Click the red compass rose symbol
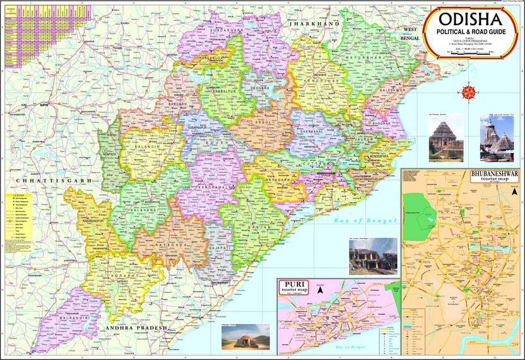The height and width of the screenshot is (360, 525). click(469, 92)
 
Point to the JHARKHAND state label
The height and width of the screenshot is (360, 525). click(314, 23)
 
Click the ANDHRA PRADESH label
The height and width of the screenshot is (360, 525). click(136, 328)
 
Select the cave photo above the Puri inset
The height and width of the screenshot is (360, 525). click(373, 255)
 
